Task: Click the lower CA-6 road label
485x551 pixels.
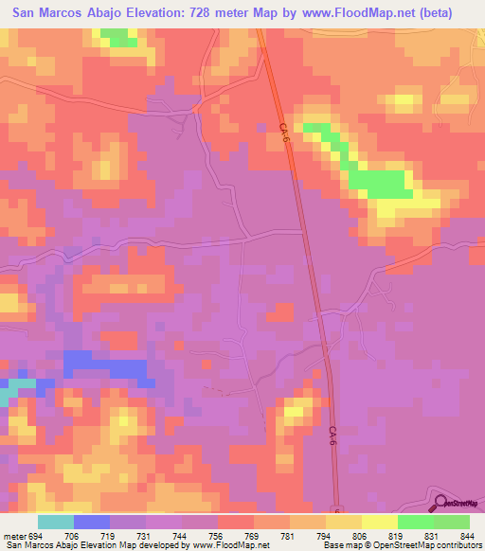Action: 333,436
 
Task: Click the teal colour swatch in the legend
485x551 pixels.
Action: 55,522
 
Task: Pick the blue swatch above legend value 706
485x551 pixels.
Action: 91,522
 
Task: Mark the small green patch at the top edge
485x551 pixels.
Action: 117,38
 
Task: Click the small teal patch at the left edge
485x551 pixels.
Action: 14,392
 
